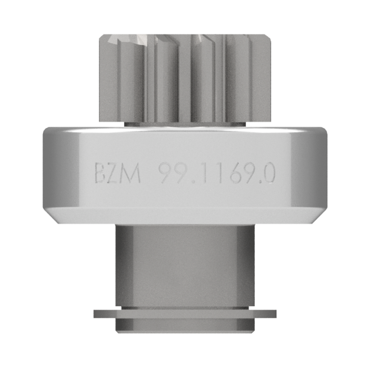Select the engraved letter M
click(x=131, y=173)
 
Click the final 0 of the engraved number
click(x=268, y=173)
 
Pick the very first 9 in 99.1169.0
click(x=165, y=173)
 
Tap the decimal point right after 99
click(x=194, y=181)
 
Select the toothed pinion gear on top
click(x=185, y=78)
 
